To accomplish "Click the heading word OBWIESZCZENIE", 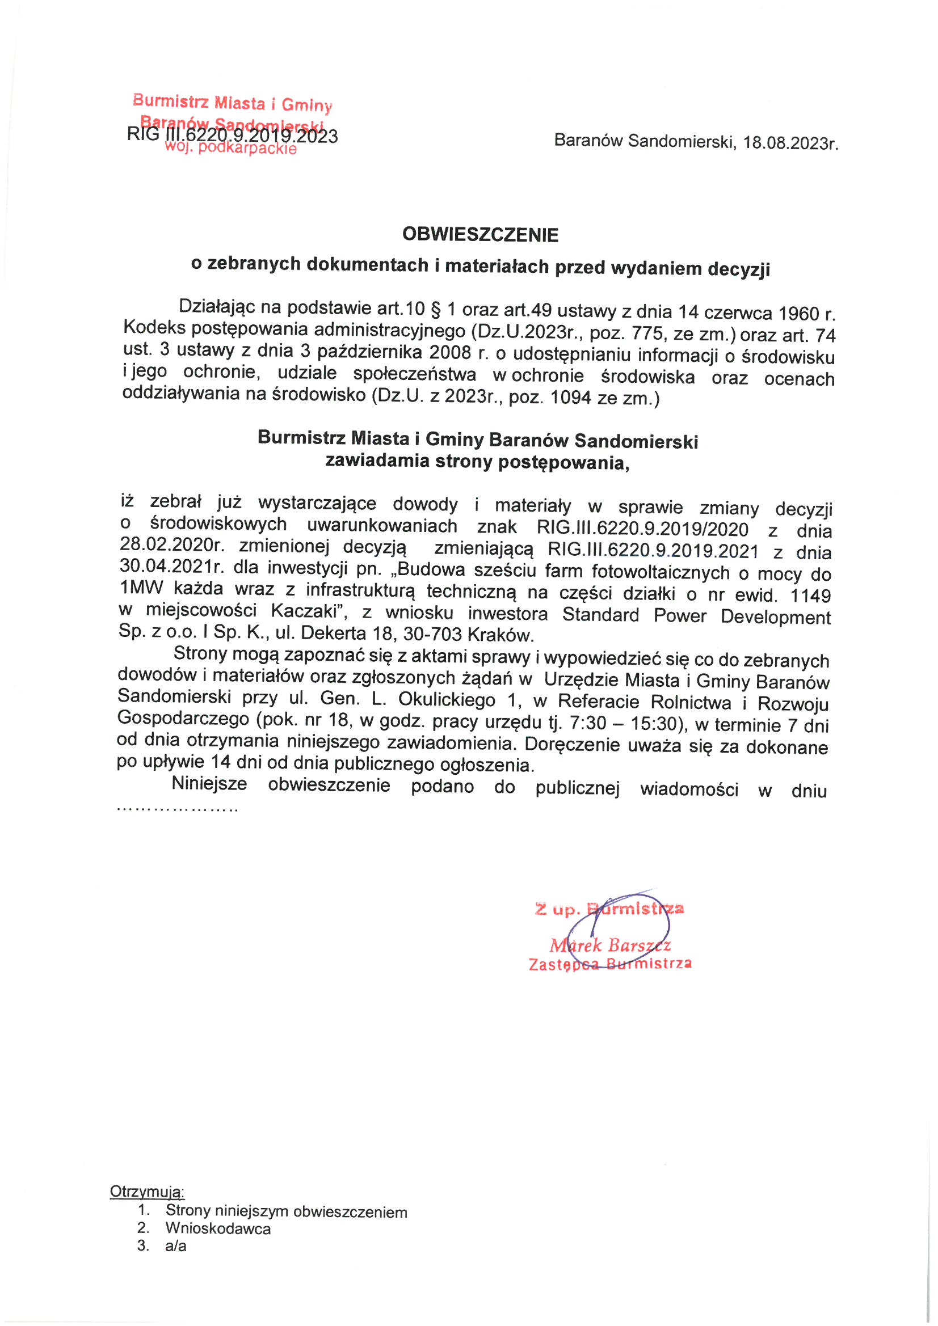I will click(x=480, y=234).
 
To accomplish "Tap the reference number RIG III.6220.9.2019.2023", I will click(x=232, y=136).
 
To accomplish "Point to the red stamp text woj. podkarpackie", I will click(x=230, y=149).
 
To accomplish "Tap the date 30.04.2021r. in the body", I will click(x=171, y=567).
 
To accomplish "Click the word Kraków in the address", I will click(x=500, y=635).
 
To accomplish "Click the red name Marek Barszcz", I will click(x=610, y=945).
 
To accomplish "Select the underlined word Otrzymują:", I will click(x=148, y=1192).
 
